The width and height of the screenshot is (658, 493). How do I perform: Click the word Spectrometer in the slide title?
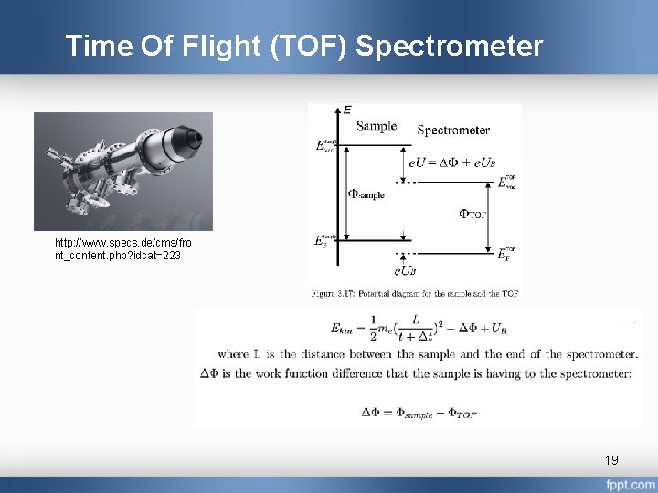coord(449,46)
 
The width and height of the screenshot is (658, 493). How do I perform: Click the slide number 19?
coord(611,459)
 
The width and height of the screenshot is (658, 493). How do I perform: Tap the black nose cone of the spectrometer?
coord(193,138)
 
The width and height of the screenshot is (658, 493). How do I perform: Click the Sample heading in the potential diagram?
coord(377,126)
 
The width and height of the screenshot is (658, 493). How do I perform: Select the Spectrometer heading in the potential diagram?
coord(453,131)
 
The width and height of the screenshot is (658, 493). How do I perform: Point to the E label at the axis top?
coord(347,110)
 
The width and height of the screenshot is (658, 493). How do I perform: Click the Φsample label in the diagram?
coord(366,194)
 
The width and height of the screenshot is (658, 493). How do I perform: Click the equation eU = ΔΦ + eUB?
coord(451,162)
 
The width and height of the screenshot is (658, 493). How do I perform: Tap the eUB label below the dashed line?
coord(405,270)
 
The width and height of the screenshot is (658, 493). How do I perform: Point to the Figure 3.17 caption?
coord(414,294)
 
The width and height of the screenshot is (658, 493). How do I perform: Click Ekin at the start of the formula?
coord(349,329)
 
